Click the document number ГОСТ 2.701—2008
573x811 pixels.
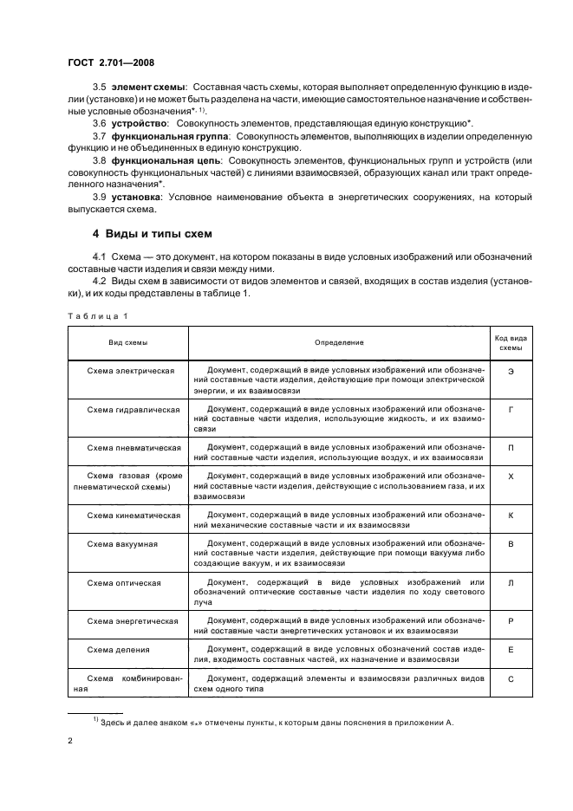coord(106,62)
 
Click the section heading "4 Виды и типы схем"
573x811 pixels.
coord(152,236)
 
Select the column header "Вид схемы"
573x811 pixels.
coord(127,343)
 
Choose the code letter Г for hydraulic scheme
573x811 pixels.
coord(511,407)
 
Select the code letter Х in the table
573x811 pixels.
coord(511,477)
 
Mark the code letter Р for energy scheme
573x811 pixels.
coord(511,621)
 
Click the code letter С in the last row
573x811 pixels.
coord(511,678)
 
